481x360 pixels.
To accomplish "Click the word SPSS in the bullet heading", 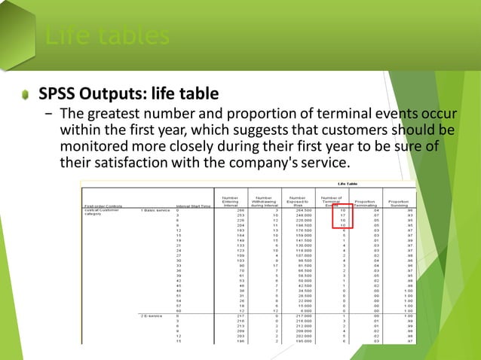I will (x=60, y=94).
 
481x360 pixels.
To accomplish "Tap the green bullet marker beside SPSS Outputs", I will (x=25, y=95).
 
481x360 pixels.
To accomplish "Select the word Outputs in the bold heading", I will (x=115, y=94).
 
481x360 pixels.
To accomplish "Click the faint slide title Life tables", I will (x=105, y=35).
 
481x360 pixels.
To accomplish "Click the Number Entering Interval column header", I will (x=231, y=201).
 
